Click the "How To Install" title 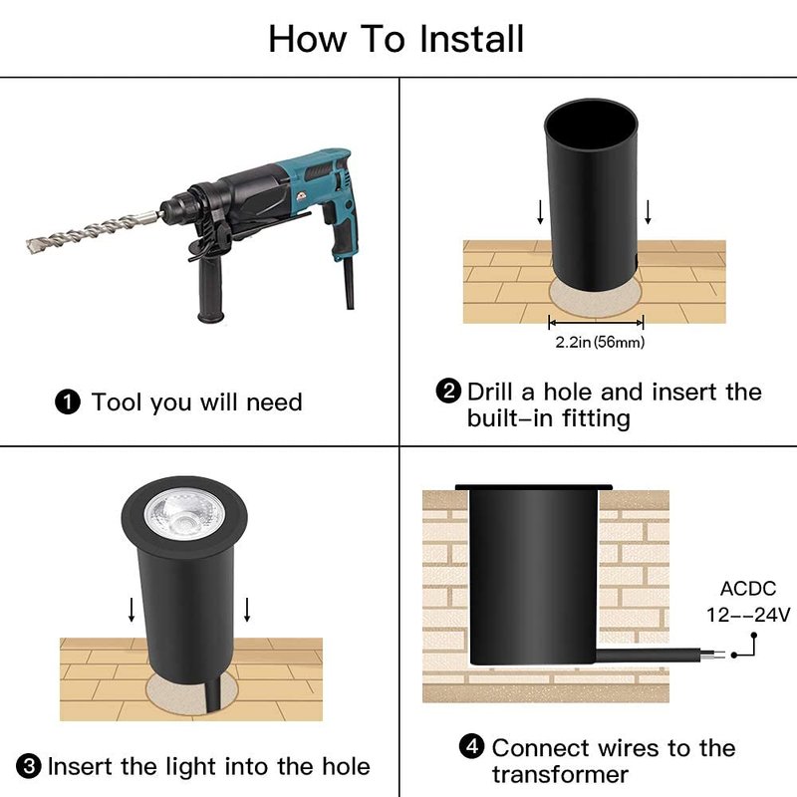coord(396,39)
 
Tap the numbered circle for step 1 coord(68,401)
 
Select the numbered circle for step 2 coord(449,392)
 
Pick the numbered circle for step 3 coord(29,765)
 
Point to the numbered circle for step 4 coord(471,746)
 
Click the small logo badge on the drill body coord(302,195)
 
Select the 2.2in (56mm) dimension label coord(600,342)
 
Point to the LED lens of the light coord(184,516)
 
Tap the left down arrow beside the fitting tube coord(540,212)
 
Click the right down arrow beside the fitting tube coord(648,212)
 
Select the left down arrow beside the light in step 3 coord(132,610)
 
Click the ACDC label coord(748,589)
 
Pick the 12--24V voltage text coord(748,615)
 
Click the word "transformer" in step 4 coord(560,775)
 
